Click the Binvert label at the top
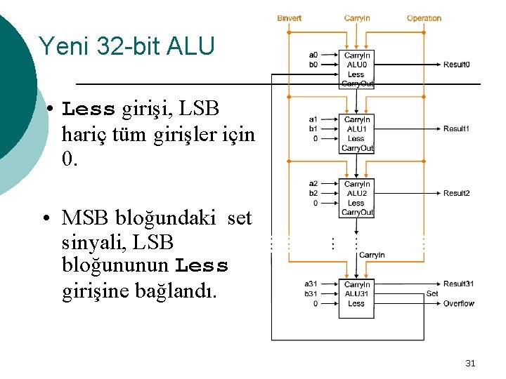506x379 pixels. pyautogui.click(x=289, y=18)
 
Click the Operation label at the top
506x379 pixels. pyautogui.click(x=424, y=18)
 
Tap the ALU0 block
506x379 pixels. pyautogui.click(x=356, y=69)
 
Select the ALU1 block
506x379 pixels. pyautogui.click(x=356, y=133)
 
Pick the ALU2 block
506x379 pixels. pyautogui.click(x=356, y=198)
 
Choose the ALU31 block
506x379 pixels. pyautogui.click(x=356, y=298)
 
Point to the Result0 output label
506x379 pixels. pyautogui.click(x=456, y=65)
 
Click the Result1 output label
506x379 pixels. pyautogui.click(x=456, y=129)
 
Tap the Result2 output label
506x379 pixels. pyautogui.click(x=456, y=194)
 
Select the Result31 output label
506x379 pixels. pyautogui.click(x=458, y=284)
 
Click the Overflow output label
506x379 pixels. pyautogui.click(x=458, y=303)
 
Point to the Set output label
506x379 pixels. pyautogui.click(x=432, y=293)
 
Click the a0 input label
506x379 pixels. pyautogui.click(x=313, y=55)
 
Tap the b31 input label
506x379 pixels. pyautogui.click(x=311, y=293)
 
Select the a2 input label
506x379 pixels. pyautogui.click(x=313, y=184)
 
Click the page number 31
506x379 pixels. pyautogui.click(x=470, y=363)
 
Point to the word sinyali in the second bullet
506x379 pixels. pyautogui.click(x=91, y=242)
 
